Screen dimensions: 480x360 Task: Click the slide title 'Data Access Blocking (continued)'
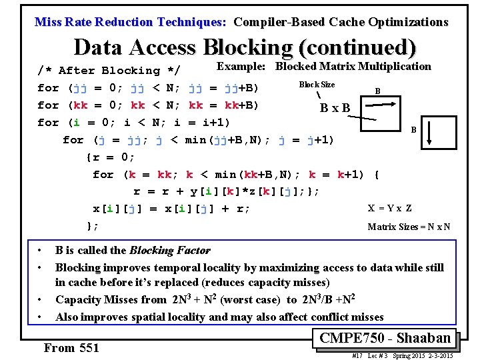[x=245, y=47]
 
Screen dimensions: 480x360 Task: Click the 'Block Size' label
[x=317, y=85]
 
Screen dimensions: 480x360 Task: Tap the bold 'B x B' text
[x=335, y=107]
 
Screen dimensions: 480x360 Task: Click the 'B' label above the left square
[x=377, y=91]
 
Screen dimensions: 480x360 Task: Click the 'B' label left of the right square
[x=413, y=129]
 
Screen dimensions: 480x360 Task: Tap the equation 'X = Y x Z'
[x=390, y=208]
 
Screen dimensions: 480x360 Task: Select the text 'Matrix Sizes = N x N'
[x=409, y=227]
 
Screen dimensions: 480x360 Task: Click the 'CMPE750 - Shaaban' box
[x=385, y=338]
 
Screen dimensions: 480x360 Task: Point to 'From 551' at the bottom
[x=71, y=347]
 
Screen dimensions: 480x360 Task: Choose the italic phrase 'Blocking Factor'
[x=169, y=251]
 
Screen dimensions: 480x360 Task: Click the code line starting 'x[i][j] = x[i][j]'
[x=171, y=209]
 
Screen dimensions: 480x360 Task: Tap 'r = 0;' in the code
[x=110, y=157]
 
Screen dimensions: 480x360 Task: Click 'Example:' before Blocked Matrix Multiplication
[x=241, y=66]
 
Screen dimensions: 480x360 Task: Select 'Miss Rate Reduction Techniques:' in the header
[x=131, y=22]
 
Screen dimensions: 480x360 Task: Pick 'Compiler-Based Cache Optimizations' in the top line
[x=341, y=22]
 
